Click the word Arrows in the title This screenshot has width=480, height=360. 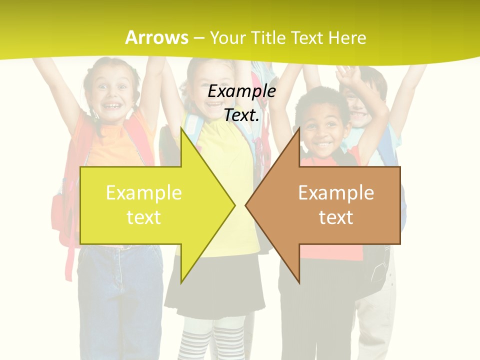click(x=156, y=37)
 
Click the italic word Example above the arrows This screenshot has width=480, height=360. click(x=241, y=91)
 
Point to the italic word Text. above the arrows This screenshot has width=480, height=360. click(x=241, y=115)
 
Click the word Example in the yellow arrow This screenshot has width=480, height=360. click(x=144, y=193)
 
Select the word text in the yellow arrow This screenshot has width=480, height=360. click(x=144, y=217)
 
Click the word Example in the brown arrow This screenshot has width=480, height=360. click(x=336, y=193)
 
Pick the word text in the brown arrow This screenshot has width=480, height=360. click(x=336, y=217)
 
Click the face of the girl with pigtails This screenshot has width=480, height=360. click(x=112, y=95)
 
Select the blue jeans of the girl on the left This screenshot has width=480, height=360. click(x=120, y=300)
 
